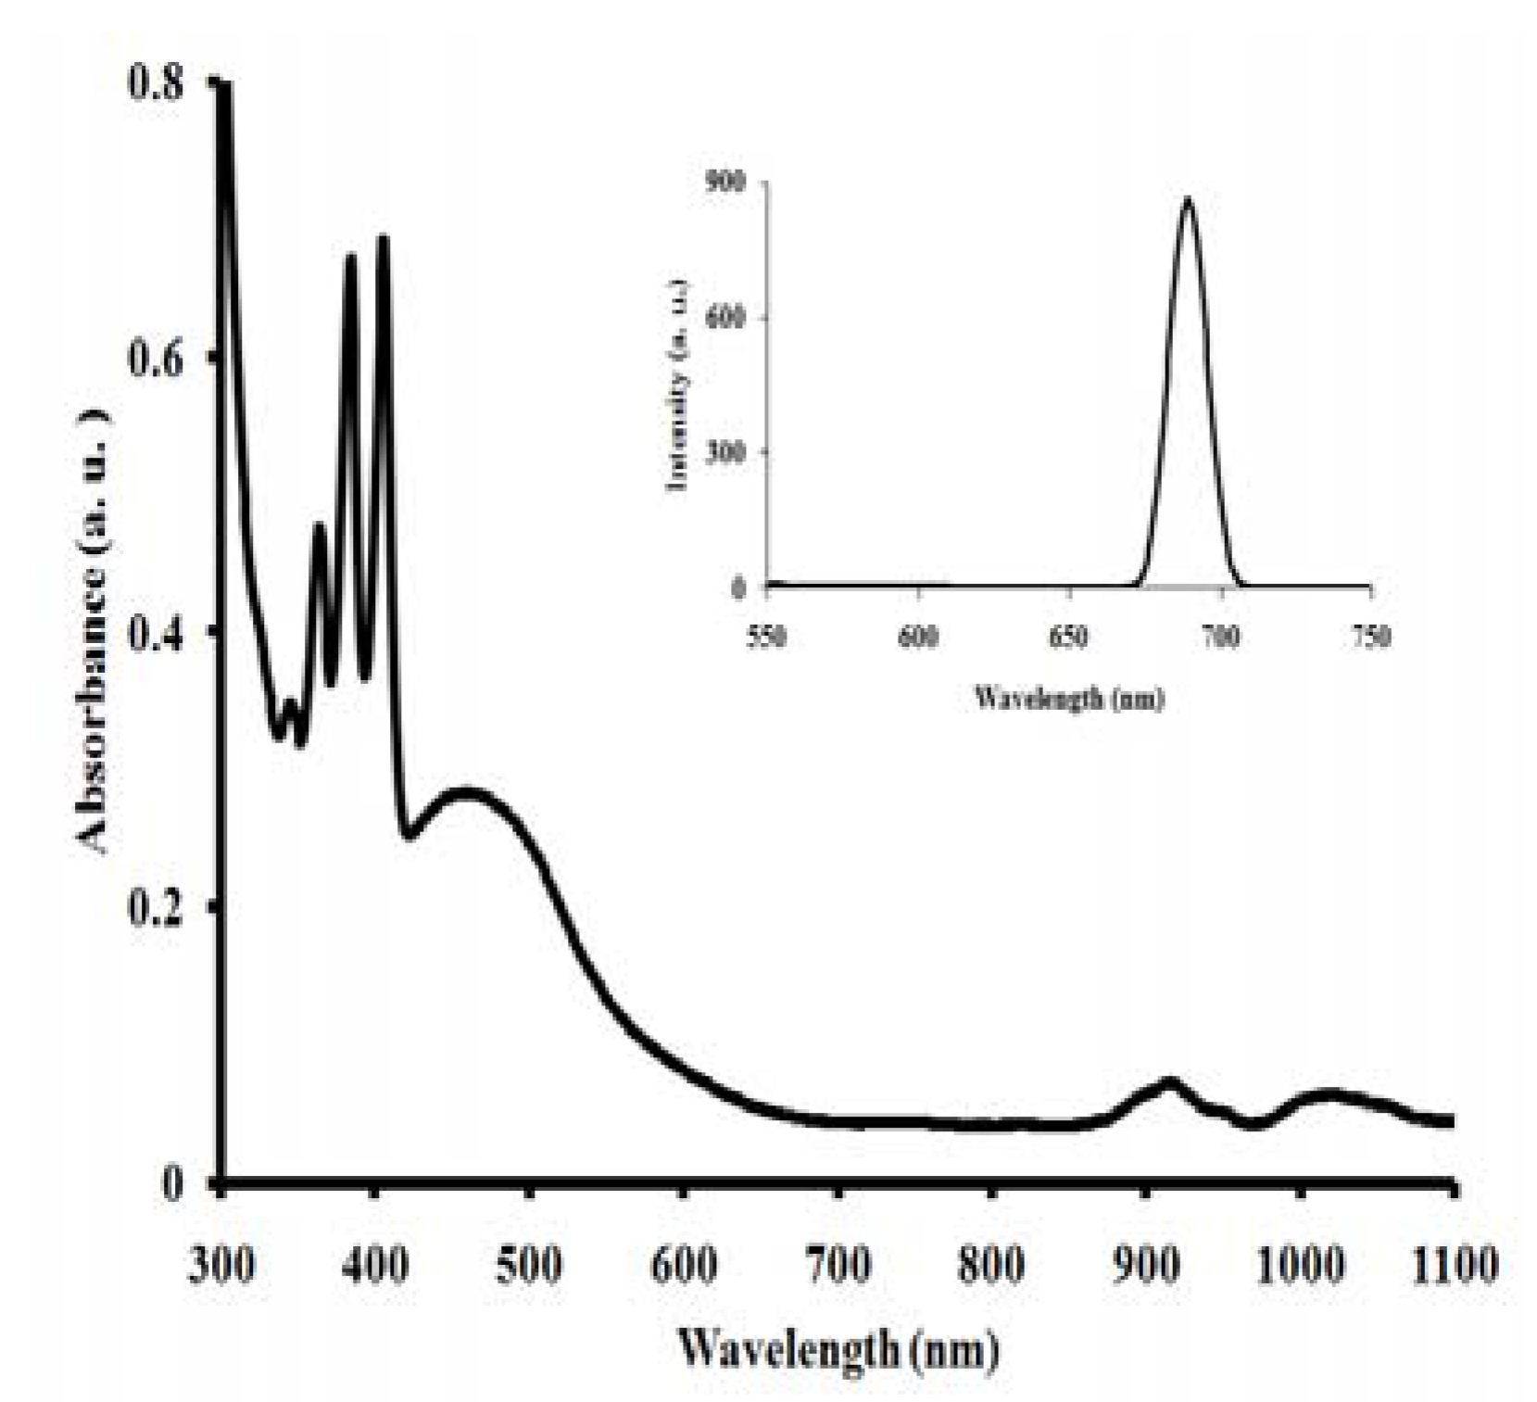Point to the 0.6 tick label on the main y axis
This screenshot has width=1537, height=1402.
coord(155,359)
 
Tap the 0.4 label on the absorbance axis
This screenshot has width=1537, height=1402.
coord(155,632)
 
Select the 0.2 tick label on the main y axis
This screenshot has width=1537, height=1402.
coord(155,907)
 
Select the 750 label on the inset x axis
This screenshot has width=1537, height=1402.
coord(1371,638)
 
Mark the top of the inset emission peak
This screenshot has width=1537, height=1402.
coord(1188,199)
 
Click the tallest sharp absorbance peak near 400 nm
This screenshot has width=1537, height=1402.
coord(383,239)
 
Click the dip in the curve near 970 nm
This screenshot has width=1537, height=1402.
coord(1254,1124)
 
